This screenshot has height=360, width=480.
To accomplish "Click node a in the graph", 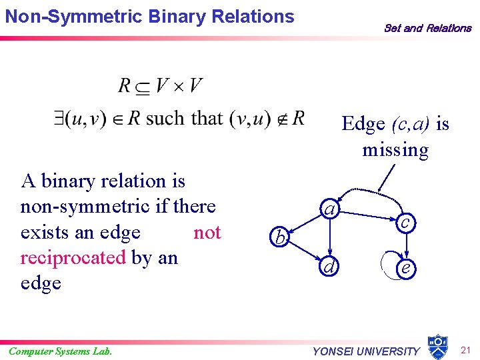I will pos(329,209).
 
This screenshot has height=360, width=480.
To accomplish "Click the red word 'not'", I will pos(207,232).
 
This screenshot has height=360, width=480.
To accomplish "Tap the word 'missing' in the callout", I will pos(395,149).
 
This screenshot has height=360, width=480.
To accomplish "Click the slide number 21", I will pos(467,351).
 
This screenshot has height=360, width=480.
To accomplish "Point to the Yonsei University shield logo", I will pos(437,346).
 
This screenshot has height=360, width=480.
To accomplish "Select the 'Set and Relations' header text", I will pos(427,28).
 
